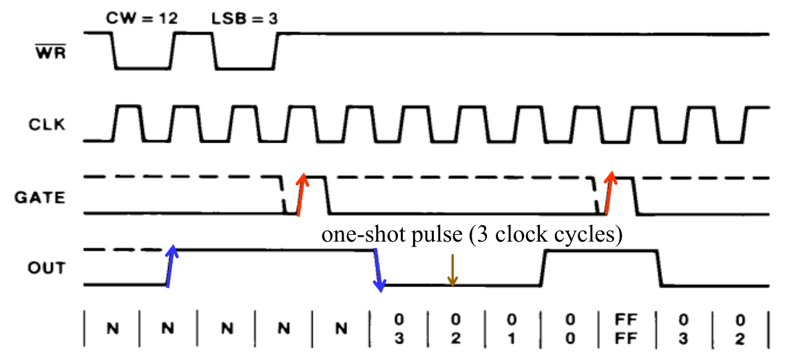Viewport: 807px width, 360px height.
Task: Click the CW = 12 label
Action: tap(142, 18)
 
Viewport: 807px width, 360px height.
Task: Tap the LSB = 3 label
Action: tap(244, 18)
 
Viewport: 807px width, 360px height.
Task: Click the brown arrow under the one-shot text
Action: tap(452, 270)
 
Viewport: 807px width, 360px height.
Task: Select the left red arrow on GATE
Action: tap(300, 194)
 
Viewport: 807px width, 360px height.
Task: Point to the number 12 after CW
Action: tap(167, 18)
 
